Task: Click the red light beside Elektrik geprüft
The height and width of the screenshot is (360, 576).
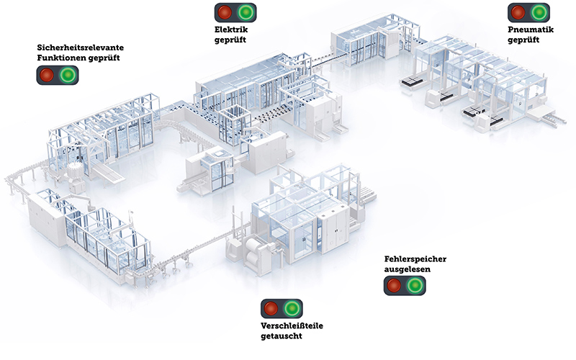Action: (x=225, y=12)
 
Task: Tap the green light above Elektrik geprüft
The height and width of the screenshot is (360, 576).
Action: (x=246, y=12)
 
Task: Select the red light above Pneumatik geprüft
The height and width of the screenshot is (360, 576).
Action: (x=518, y=12)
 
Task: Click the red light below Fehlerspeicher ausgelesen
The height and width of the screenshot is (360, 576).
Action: (x=394, y=285)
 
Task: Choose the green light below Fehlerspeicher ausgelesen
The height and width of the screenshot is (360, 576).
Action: (x=415, y=285)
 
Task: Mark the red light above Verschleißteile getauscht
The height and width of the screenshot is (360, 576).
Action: (x=271, y=309)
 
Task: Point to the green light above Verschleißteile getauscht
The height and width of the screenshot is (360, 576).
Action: (x=292, y=309)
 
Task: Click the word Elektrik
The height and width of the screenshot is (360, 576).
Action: (x=230, y=30)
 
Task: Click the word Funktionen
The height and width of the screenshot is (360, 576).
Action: (x=63, y=58)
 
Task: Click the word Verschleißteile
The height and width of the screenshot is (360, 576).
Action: (x=291, y=326)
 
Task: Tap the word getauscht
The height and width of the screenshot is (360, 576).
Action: (x=282, y=336)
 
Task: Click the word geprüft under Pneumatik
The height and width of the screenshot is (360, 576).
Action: (x=523, y=40)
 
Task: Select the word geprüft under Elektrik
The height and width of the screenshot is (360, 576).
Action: (x=230, y=40)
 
